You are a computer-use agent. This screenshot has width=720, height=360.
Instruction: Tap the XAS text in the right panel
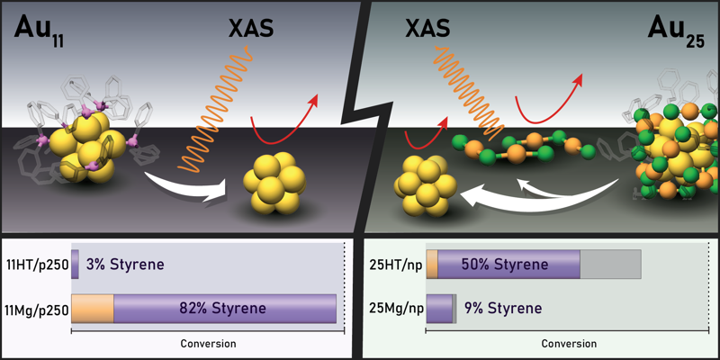tap(428, 30)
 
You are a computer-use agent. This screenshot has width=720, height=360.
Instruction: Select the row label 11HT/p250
tap(36, 265)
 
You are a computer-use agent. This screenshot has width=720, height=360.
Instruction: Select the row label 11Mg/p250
tap(36, 308)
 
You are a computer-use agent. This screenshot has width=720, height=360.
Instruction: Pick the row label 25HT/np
tap(395, 265)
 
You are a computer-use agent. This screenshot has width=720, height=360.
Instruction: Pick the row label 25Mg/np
tap(395, 308)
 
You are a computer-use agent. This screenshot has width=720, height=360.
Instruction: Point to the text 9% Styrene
tap(503, 308)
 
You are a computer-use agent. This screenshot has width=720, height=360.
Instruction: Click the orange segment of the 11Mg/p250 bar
tap(93, 308)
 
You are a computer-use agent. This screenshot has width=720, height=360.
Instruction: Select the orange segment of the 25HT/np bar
tap(432, 265)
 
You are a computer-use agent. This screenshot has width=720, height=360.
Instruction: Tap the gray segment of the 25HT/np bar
tap(610, 265)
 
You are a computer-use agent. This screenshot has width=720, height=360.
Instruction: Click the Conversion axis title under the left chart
tap(208, 343)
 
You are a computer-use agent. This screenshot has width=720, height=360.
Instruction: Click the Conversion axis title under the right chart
tap(569, 343)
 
